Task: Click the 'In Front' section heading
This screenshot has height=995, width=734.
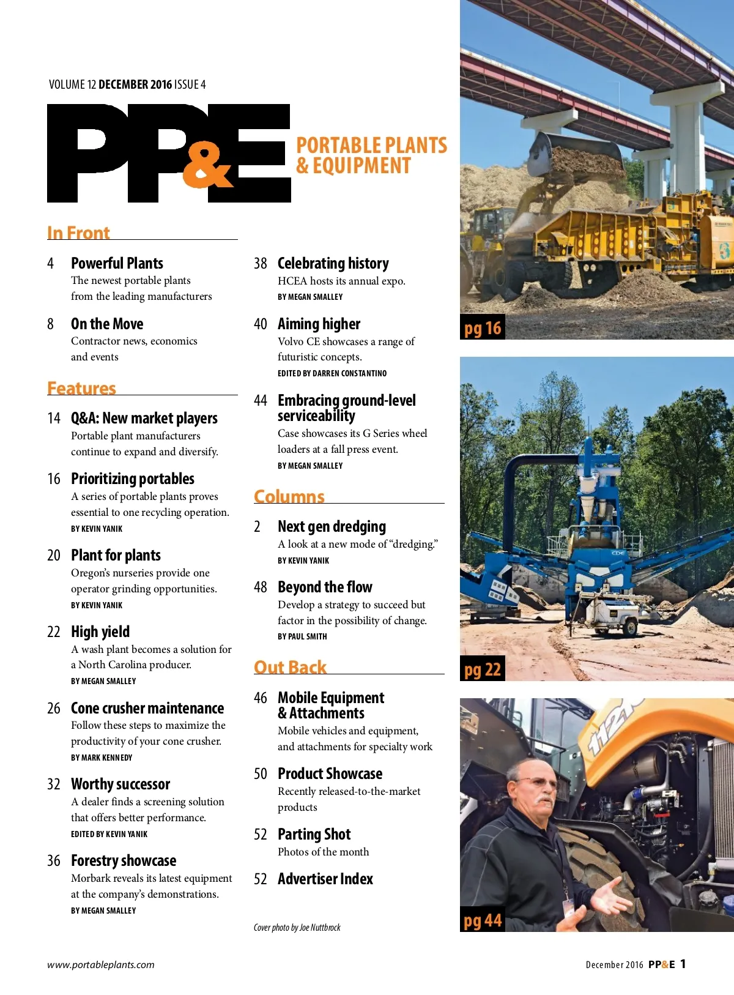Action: click(78, 233)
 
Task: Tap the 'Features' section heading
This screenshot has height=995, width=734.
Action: click(81, 389)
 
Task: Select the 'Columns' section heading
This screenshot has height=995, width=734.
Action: click(289, 496)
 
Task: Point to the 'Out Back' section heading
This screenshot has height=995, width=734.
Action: click(290, 667)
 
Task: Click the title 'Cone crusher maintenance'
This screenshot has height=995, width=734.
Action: click(147, 708)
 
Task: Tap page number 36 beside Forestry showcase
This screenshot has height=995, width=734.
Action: click(54, 861)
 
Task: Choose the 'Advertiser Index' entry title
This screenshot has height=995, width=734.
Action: click(325, 879)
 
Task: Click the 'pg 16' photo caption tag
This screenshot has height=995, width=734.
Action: click(483, 329)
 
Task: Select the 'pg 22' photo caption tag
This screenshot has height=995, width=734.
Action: click(483, 670)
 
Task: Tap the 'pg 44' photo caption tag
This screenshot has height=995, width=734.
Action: click(483, 921)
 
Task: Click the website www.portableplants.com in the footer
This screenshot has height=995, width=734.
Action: click(101, 965)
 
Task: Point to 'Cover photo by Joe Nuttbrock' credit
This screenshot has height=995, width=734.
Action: click(297, 928)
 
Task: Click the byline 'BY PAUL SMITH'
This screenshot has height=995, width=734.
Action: click(302, 636)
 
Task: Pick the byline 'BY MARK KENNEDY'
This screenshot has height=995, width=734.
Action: click(102, 758)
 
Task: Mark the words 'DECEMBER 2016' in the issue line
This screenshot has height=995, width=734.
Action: click(135, 84)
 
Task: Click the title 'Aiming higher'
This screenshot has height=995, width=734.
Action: click(319, 324)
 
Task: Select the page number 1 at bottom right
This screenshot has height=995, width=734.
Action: click(683, 964)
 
